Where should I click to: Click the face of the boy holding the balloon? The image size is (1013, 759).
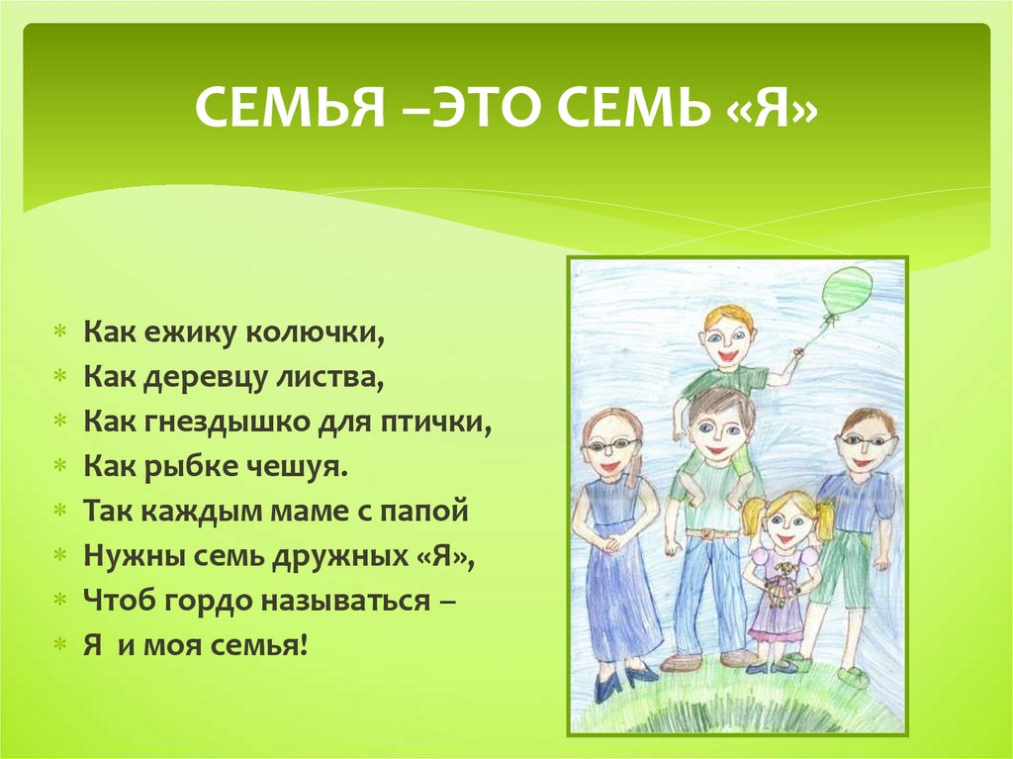point(729,341)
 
